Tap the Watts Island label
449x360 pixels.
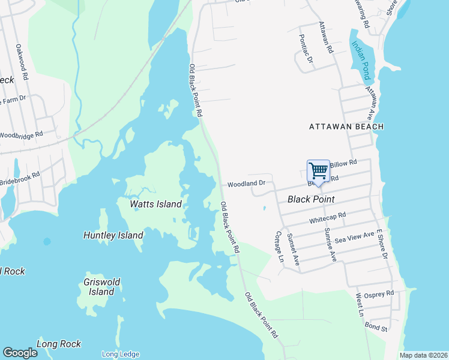pyautogui.click(x=156, y=204)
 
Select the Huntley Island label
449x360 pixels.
pyautogui.click(x=113, y=236)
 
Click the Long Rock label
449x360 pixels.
pyautogui.click(x=59, y=344)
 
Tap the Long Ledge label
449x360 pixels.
pyautogui.click(x=120, y=354)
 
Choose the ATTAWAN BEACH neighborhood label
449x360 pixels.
pyautogui.click(x=346, y=127)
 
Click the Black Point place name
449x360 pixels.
pyautogui.click(x=311, y=199)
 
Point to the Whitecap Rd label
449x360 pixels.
pyautogui.click(x=328, y=218)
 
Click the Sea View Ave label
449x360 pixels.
pyautogui.click(x=355, y=236)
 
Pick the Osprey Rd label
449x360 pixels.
pyautogui.click(x=382, y=293)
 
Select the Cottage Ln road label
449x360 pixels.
pyautogui.click(x=278, y=247)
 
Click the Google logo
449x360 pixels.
pyautogui.click(x=20, y=353)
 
